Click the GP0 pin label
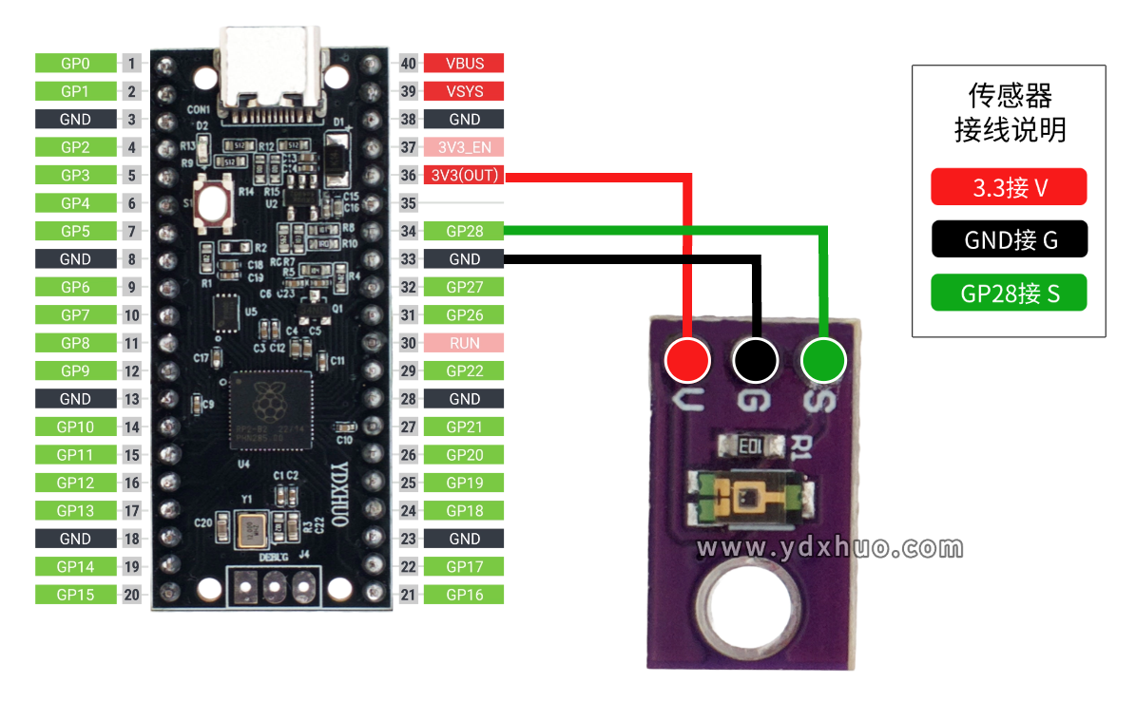pyautogui.click(x=75, y=64)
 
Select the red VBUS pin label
pyautogui.click(x=464, y=64)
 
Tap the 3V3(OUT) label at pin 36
pyautogui.click(x=464, y=176)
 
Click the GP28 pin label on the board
pyautogui.click(x=464, y=231)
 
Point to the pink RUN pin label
pyautogui.click(x=464, y=343)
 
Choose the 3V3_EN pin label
pyautogui.click(x=464, y=147)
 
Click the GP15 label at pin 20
pyautogui.click(x=75, y=595)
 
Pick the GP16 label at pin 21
pyautogui.click(x=464, y=595)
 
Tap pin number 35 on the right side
pyautogui.click(x=409, y=203)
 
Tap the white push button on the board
pyautogui.click(x=215, y=203)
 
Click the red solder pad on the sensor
pyautogui.click(x=687, y=361)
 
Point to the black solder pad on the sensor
pyautogui.click(x=756, y=361)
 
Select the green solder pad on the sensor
pyautogui.click(x=823, y=361)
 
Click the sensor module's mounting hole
pyautogui.click(x=746, y=608)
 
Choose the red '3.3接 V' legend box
pyautogui.click(x=1009, y=188)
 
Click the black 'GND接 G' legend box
pyautogui.click(x=1009, y=240)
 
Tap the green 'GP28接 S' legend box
pyautogui.click(x=1009, y=293)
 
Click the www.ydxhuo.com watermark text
pyautogui.click(x=829, y=548)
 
